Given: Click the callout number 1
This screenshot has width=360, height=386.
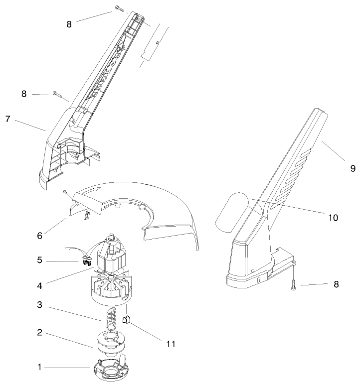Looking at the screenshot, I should click(39, 367).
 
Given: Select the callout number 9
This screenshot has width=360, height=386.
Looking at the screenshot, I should click(353, 168).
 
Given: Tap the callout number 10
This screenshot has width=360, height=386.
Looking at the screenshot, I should click(333, 218).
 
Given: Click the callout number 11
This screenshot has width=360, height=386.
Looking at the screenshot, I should click(171, 344).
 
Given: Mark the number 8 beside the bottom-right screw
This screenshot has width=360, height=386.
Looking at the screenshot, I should click(335, 285).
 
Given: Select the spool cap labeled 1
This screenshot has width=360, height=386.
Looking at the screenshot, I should click(109, 369).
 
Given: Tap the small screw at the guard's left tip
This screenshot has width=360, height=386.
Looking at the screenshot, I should click(65, 190).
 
